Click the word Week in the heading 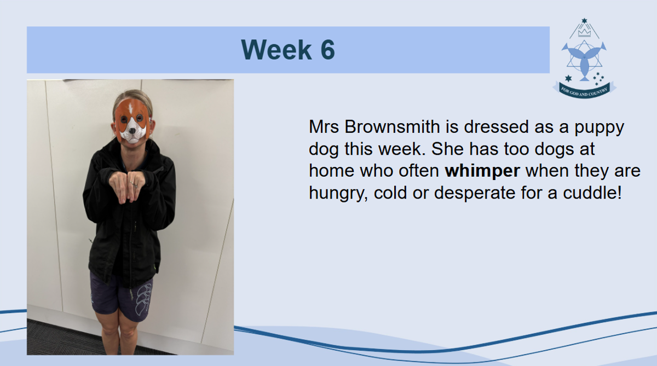(x=276, y=50)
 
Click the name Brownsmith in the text (x=392, y=126)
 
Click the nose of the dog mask (x=133, y=130)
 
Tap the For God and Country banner (x=584, y=90)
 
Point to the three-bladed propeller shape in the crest (x=584, y=61)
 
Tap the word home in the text (x=331, y=171)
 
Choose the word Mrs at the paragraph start (x=324, y=126)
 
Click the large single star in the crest (x=568, y=78)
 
